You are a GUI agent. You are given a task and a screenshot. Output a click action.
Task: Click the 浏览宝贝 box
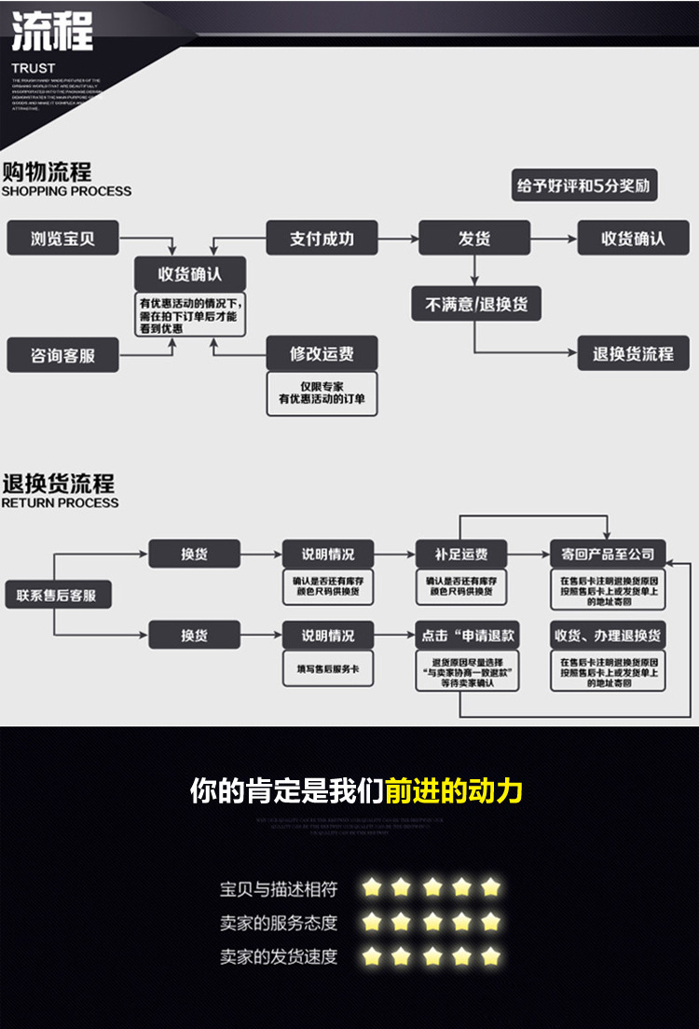[63, 239]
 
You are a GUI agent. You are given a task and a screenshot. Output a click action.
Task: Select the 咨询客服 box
[63, 355]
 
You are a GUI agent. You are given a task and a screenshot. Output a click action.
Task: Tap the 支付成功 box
[322, 239]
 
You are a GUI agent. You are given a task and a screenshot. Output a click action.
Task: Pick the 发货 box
[473, 239]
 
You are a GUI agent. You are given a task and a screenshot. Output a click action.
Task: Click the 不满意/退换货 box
[476, 304]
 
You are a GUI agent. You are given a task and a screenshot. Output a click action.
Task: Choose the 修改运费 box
[322, 354]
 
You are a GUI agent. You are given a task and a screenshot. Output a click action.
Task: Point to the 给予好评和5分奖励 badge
[584, 185]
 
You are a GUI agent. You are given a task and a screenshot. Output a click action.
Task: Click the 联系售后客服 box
[57, 595]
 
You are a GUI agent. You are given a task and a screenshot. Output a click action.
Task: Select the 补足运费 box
[461, 554]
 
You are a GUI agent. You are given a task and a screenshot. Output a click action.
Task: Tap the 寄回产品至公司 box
[608, 554]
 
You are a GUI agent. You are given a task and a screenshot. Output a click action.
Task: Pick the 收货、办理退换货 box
[608, 636]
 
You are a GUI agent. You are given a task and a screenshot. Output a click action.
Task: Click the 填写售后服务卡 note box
[328, 668]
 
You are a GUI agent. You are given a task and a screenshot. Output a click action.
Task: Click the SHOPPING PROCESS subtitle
[66, 192]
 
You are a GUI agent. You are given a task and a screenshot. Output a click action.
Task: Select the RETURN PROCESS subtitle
[61, 503]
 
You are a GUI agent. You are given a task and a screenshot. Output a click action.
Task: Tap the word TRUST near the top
[34, 68]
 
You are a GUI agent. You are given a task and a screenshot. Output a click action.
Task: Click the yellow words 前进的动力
[454, 791]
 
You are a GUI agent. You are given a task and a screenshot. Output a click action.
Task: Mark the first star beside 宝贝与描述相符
[373, 887]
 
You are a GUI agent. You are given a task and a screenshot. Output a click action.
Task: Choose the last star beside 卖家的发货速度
[491, 956]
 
